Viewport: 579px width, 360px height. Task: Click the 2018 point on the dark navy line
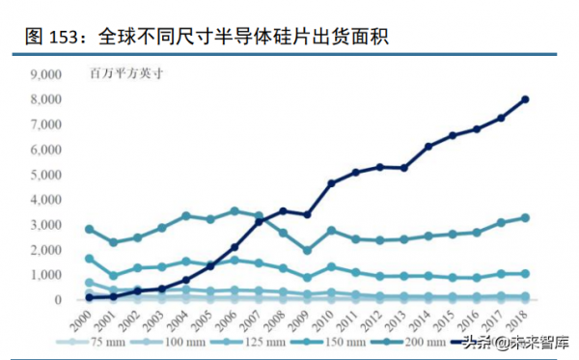coord(526,99)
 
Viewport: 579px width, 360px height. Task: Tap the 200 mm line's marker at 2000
coord(90,230)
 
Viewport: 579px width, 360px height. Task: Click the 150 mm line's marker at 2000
coord(90,259)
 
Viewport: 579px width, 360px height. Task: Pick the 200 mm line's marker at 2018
coord(526,218)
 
